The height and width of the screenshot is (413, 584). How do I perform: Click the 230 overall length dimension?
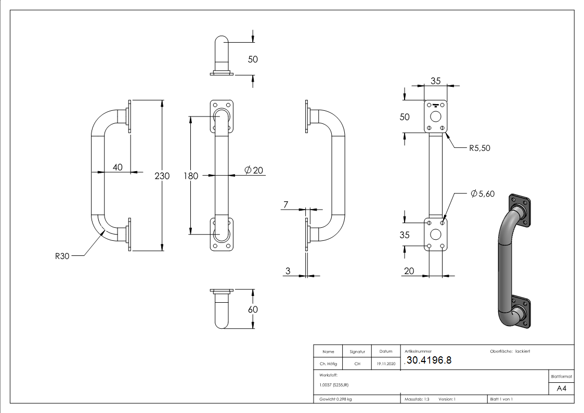(162, 176)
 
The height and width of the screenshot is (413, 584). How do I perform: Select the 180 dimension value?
(191, 176)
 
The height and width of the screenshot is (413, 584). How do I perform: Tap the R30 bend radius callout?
(63, 255)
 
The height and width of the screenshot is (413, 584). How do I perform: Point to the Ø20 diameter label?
(253, 170)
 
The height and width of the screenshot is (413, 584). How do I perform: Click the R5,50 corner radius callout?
(479, 148)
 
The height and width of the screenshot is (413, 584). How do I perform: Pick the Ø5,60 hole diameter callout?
(482, 193)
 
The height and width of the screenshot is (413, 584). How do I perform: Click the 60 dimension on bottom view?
(253, 309)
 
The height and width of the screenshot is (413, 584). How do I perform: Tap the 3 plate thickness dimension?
(287, 270)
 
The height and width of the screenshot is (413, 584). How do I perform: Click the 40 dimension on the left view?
(118, 167)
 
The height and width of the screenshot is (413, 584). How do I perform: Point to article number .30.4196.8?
(430, 361)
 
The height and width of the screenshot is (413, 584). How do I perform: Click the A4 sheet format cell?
(561, 389)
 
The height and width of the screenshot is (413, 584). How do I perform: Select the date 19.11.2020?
(385, 364)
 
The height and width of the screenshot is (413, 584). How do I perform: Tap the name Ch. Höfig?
(328, 364)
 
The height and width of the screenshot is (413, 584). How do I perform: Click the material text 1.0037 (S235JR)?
(334, 384)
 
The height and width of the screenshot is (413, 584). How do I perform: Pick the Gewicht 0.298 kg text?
(335, 399)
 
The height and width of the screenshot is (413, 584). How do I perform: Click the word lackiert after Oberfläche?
(522, 352)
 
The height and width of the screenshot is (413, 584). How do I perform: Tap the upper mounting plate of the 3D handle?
(520, 210)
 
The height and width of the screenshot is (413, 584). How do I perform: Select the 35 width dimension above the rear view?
(435, 81)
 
